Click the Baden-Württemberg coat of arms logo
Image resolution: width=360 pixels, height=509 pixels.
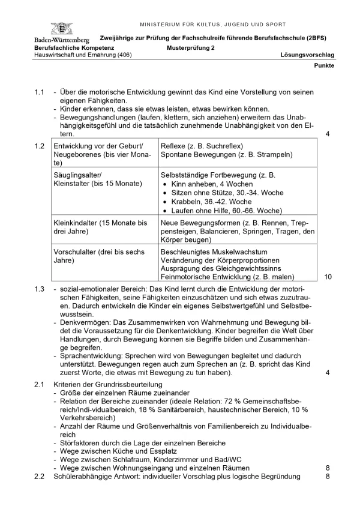coord(60,28)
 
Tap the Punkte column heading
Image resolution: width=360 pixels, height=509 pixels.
coord(324,65)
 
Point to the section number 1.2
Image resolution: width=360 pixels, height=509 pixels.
coord(40,146)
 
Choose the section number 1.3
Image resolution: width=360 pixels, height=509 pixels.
coord(40,289)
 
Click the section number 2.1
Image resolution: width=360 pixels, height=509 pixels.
coord(40,384)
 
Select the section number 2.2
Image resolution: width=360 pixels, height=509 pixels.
coord(40,476)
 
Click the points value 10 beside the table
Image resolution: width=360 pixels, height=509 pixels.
coord(328,277)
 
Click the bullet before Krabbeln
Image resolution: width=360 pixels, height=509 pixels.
coord(166,202)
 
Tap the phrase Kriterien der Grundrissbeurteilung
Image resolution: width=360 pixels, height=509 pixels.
coord(107,384)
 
